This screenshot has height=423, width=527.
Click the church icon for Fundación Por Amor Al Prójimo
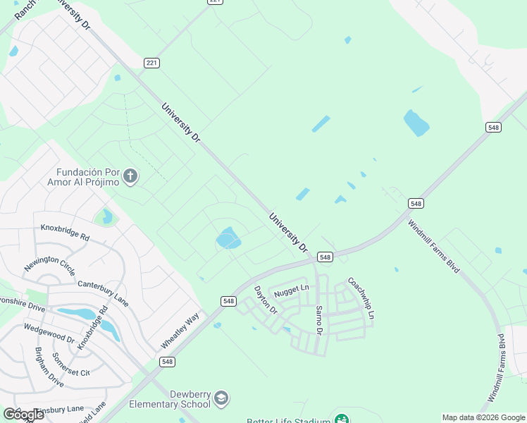pyautogui.click(x=130, y=176)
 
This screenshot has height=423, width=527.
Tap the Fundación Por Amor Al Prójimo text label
pyautogui.click(x=89, y=178)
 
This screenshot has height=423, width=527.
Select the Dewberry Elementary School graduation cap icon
pyautogui.click(x=221, y=399)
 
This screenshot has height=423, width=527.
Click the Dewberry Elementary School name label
pyautogui.click(x=170, y=399)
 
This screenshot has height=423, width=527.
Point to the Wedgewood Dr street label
pyautogui.click(x=49, y=333)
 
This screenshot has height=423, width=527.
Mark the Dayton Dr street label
pyautogui.click(x=266, y=300)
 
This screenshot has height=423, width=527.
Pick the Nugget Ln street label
pyautogui.click(x=292, y=288)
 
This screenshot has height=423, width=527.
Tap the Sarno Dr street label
pyautogui.click(x=318, y=319)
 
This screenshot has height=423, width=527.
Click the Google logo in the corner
pyautogui.click(x=23, y=414)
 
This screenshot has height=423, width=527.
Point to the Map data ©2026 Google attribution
pyautogui.click(x=483, y=417)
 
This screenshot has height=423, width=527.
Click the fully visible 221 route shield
pyautogui.click(x=151, y=63)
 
